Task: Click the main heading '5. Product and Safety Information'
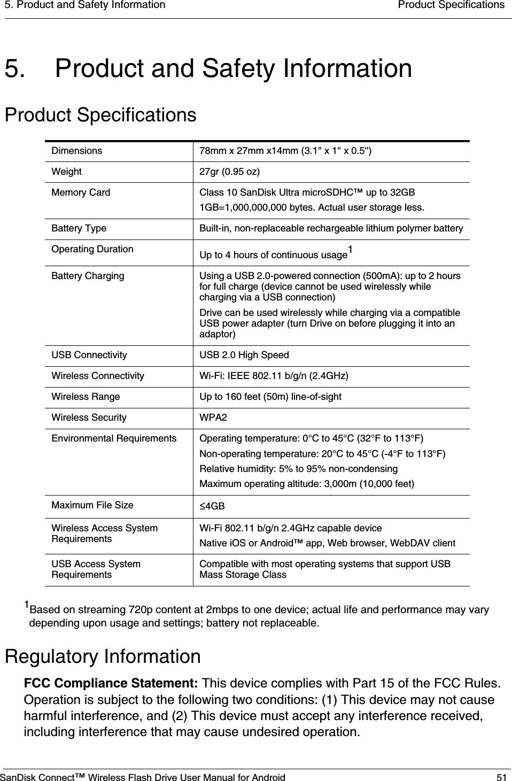208,69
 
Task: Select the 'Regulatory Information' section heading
103,656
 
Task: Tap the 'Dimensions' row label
76,151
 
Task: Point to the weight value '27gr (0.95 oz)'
230,172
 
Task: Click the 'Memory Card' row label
81,192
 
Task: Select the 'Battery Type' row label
79,229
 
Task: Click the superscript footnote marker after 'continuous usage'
350,249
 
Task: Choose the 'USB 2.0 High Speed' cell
244,355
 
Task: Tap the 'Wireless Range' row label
86,397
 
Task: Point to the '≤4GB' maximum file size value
212,506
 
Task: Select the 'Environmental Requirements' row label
114,438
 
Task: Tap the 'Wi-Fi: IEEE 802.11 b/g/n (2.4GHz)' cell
274,376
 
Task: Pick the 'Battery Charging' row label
88,276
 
